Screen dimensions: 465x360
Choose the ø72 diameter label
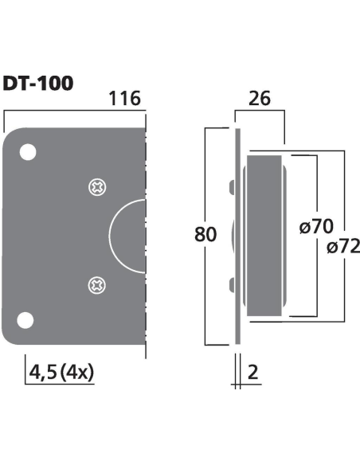pos(343,247)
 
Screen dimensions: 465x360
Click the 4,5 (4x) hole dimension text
pos(61,370)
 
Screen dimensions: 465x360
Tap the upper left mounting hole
pos(27,151)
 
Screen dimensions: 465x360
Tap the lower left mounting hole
pos(27,320)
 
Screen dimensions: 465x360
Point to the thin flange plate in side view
pos(237,239)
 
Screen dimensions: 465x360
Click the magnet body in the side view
pos(265,235)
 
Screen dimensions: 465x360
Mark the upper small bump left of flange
pos(231,188)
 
